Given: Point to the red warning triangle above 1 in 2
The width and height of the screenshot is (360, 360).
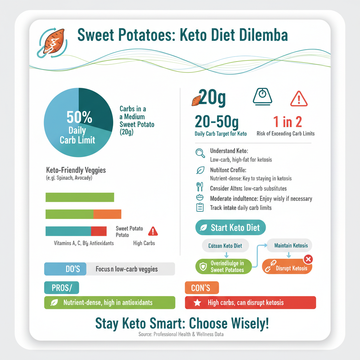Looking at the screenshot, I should pos(299,98).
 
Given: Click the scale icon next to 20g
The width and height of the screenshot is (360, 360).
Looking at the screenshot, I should pos(262,95).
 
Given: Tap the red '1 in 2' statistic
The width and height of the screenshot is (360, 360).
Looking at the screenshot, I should pos(287,122).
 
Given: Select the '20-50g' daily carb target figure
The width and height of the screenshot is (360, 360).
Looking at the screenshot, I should pos(217,122).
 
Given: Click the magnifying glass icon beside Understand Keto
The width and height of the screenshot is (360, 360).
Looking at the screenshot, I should pos(200,153).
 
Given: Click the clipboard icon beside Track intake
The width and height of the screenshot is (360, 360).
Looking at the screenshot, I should pos(200,207).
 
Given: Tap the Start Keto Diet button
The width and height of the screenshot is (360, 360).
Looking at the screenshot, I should pos(230,227).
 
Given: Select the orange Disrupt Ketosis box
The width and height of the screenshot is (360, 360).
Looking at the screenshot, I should pos(287,268).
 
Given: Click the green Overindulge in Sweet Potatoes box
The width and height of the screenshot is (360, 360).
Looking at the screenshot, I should pos(223,266).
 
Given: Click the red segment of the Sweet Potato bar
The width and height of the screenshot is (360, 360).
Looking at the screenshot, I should pos(99,231).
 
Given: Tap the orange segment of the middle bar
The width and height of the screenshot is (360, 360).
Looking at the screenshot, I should pos(107,214).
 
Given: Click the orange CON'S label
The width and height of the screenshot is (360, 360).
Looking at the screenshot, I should pos(201,288).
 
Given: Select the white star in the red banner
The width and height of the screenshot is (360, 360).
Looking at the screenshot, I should pos(198,302).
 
